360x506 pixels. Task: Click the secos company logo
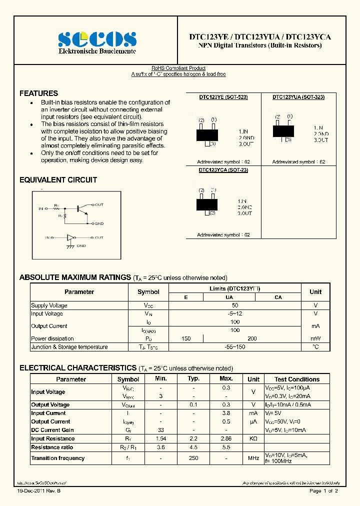(x=96, y=39)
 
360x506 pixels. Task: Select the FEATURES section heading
(x=38, y=93)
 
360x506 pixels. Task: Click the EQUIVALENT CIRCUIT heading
(x=58, y=180)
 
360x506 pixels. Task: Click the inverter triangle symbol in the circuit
(x=70, y=238)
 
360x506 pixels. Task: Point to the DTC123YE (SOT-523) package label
(x=223, y=97)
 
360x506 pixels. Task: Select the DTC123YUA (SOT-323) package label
(x=298, y=97)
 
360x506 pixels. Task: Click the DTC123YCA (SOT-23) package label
(x=223, y=170)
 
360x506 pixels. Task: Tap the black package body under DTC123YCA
(x=207, y=204)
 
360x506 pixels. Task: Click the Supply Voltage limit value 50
(x=235, y=305)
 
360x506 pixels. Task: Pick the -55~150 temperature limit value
(x=235, y=347)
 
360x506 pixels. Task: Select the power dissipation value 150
(x=186, y=338)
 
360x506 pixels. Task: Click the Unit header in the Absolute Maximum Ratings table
(x=315, y=292)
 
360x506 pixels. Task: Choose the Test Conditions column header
(x=297, y=379)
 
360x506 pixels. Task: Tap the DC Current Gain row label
(x=52, y=430)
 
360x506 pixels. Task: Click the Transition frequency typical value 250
(x=193, y=458)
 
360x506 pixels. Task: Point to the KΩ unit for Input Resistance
(x=253, y=438)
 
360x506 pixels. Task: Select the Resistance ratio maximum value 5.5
(x=226, y=447)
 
